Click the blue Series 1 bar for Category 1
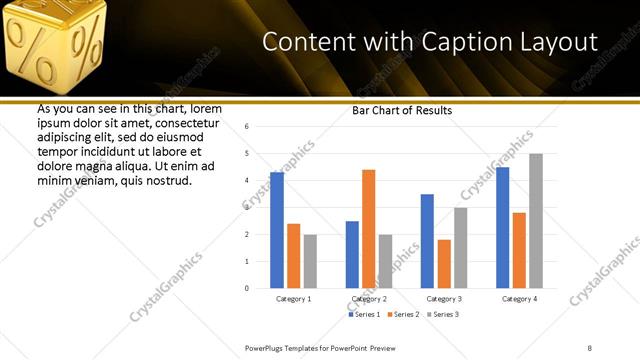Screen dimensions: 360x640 277,230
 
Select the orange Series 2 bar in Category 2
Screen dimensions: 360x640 368,229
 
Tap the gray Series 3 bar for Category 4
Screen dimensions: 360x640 536,221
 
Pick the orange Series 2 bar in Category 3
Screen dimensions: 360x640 444,264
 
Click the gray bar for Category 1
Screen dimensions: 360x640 310,261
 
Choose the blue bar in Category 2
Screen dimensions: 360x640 352,254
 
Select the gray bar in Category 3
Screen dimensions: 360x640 460,248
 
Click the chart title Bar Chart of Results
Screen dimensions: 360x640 402,110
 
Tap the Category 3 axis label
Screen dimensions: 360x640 444,298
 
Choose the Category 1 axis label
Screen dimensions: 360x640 293,298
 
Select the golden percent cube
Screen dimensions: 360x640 56,45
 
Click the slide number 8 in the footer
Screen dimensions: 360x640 590,346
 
